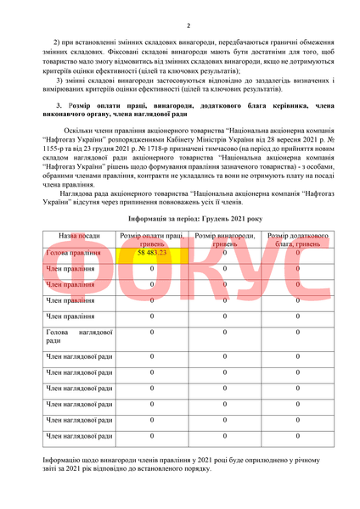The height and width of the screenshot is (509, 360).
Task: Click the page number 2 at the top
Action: [x=188, y=26]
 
